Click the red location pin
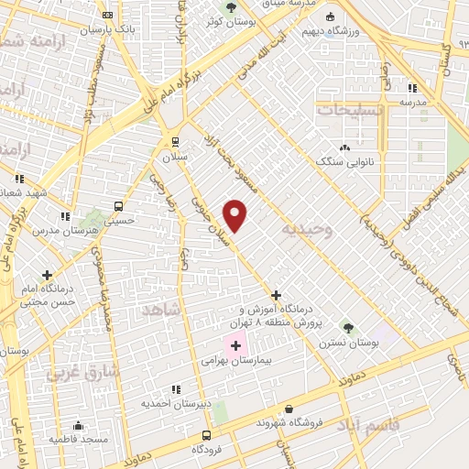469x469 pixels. [x=236, y=214]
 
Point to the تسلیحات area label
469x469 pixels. [x=347, y=109]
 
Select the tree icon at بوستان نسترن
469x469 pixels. [x=346, y=326]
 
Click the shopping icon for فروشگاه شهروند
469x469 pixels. [x=289, y=409]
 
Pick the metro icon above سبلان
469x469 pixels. [x=174, y=142]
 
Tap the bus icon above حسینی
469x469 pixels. [x=118, y=206]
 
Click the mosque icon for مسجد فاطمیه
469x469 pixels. [x=78, y=425]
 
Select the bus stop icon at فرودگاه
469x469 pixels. [x=206, y=436]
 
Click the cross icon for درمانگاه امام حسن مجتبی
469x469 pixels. [x=47, y=274]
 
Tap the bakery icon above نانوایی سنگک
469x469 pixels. [x=344, y=147]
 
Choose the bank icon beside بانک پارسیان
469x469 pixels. [x=108, y=16]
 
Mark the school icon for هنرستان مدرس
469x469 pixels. [x=63, y=217]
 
